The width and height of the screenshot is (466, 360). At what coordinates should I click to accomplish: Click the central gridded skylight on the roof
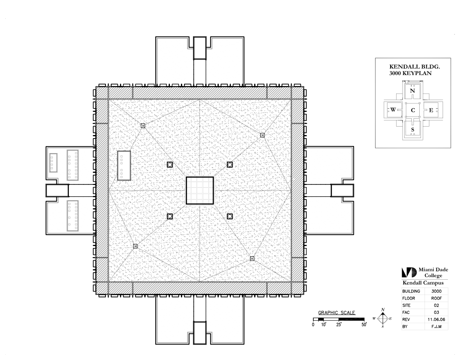(200, 191)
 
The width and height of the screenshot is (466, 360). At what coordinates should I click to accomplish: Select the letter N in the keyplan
(412, 90)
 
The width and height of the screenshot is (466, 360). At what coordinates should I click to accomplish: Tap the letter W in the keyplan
(393, 109)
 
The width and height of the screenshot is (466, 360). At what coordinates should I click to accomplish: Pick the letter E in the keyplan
(431, 110)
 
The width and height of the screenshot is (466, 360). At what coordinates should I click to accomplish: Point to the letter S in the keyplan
(413, 130)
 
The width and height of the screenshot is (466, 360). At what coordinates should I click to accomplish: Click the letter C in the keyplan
(413, 110)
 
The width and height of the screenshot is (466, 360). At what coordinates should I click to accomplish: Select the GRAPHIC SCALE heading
(336, 312)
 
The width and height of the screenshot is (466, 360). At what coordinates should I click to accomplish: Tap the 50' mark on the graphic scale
(364, 325)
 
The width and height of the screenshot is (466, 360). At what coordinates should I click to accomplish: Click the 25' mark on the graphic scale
(339, 325)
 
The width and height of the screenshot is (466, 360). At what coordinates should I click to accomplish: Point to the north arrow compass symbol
(383, 319)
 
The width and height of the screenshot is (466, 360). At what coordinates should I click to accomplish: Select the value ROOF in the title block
(436, 298)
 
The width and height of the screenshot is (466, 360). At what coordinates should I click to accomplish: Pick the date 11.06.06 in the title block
(436, 319)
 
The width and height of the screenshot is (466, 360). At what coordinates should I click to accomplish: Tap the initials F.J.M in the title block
(436, 327)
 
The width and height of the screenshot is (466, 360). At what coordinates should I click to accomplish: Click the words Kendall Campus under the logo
(423, 283)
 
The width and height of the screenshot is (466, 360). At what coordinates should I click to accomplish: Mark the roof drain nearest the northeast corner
(263, 135)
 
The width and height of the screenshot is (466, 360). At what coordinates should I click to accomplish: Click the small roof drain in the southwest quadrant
(135, 246)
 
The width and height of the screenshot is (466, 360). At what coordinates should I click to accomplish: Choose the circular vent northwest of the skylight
(170, 165)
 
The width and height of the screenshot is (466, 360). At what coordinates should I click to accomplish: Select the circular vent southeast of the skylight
(230, 216)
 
